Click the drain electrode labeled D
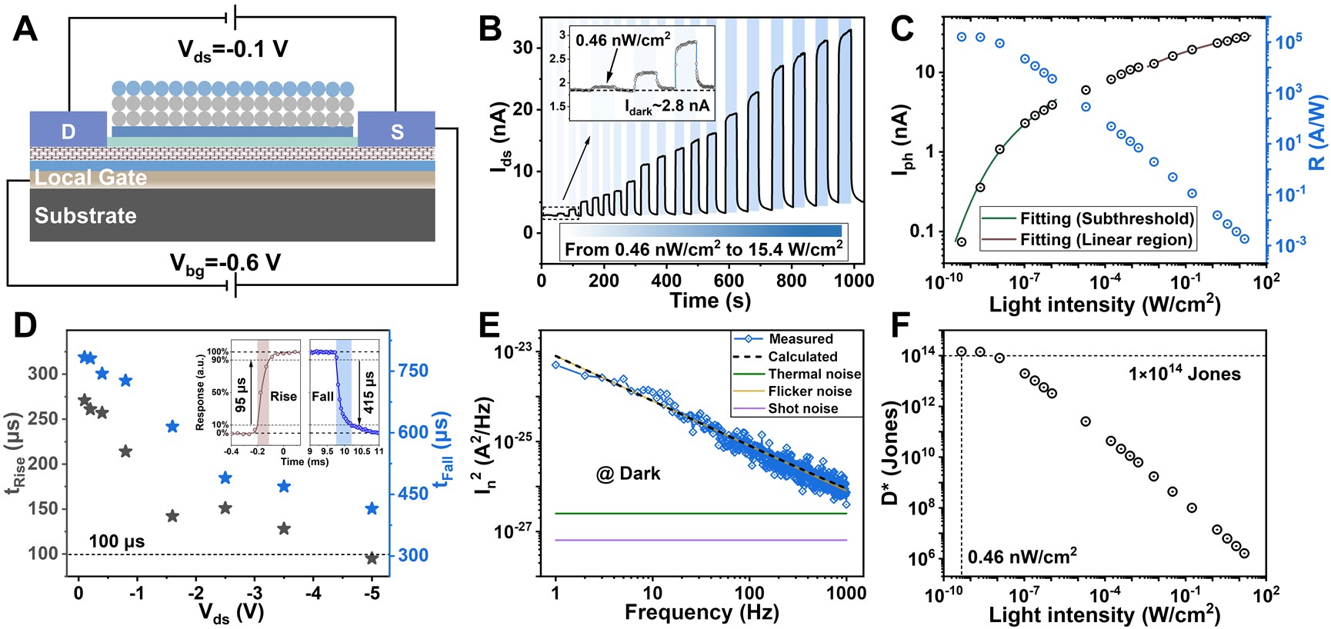(68, 131)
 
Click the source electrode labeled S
(396, 131)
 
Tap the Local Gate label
(91, 178)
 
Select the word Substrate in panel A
(85, 215)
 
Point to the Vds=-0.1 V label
(233, 50)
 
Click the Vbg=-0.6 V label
(225, 264)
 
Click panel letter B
(490, 29)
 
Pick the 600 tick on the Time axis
(729, 281)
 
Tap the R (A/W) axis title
(1317, 132)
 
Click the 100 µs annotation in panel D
(117, 541)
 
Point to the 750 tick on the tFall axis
(413, 371)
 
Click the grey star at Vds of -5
(372, 558)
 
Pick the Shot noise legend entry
(802, 408)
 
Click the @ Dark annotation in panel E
(629, 474)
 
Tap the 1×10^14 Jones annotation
(1185, 374)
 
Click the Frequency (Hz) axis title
(702, 613)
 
